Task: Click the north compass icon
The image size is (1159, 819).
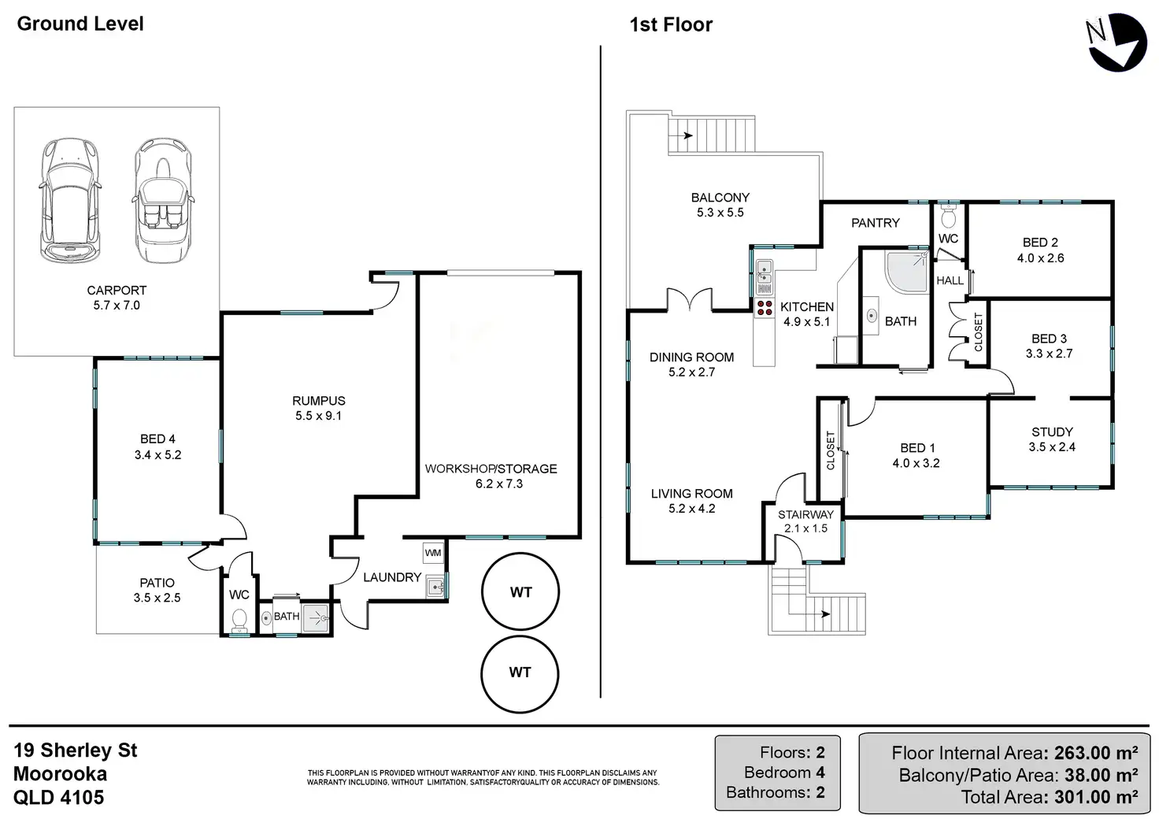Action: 1117,42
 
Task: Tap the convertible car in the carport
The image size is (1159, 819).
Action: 162,201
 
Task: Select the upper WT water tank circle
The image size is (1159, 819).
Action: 520,592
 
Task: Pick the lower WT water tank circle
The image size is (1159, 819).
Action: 520,673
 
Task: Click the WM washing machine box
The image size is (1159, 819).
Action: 433,553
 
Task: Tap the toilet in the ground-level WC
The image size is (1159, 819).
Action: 239,621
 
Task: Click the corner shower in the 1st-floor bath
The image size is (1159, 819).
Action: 906,272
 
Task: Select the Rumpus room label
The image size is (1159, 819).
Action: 319,401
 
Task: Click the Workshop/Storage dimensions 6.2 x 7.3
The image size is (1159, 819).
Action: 499,484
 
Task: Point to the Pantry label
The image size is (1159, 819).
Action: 875,223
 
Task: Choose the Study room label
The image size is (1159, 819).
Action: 1052,432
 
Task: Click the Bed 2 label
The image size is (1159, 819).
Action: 1040,243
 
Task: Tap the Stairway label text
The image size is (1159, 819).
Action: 805,514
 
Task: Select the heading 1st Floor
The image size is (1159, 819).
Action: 671,25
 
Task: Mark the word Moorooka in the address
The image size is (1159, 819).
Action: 61,773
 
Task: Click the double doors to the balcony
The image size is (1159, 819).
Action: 690,301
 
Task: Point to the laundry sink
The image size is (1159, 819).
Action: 435,586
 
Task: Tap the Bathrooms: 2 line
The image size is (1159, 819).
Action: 776,792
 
